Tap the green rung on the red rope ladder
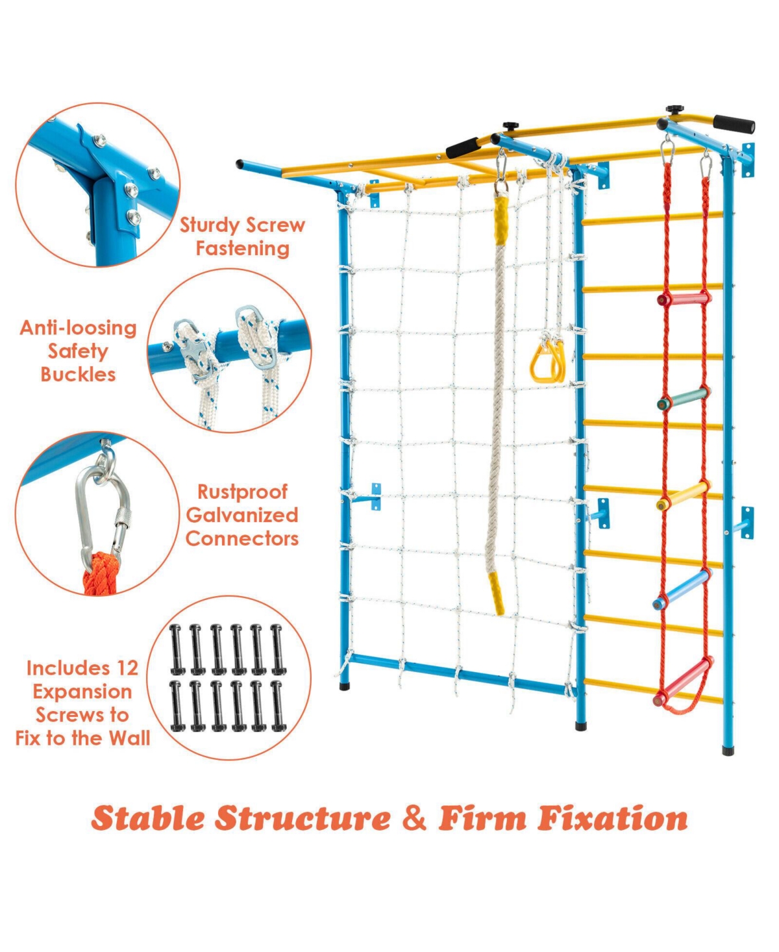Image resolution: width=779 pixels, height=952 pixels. click(684, 397)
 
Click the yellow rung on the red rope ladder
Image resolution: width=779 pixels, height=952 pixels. click(684, 495)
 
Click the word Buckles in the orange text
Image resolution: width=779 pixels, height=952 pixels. click(78, 375)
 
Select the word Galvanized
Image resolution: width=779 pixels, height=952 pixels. click(242, 515)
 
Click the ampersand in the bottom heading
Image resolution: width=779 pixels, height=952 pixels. click(414, 818)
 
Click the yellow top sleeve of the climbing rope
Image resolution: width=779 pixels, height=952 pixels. click(501, 219)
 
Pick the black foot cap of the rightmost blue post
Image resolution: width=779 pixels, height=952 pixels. click(728, 750)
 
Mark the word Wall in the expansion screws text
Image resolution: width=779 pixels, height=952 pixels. click(130, 738)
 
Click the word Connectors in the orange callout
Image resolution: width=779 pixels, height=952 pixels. click(242, 538)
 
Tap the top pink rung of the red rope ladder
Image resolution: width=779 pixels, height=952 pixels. click(684, 298)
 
